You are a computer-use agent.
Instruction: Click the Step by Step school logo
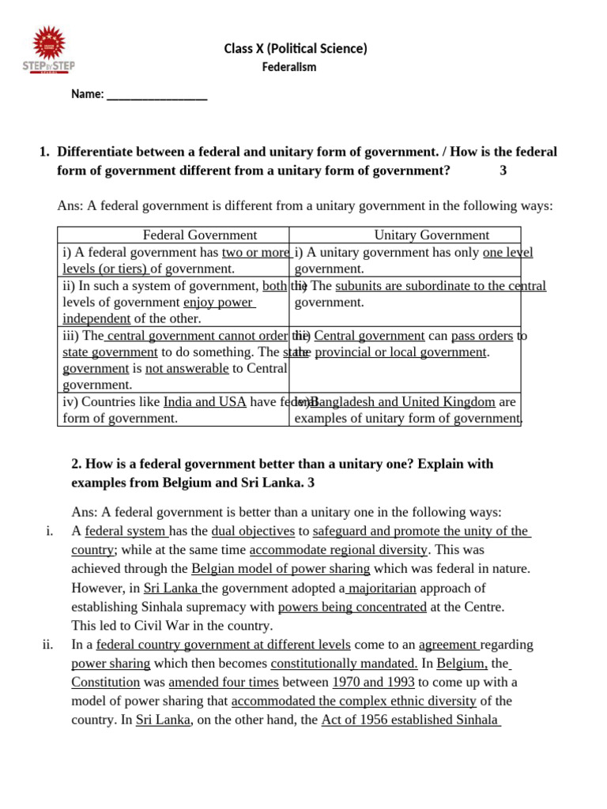pyautogui.click(x=47, y=51)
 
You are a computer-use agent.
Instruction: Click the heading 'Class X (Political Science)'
pyautogui.click(x=296, y=49)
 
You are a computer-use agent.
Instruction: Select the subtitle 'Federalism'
pyautogui.click(x=289, y=67)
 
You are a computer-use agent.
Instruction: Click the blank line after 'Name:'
pyautogui.click(x=156, y=95)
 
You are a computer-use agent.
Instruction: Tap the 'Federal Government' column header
pyautogui.click(x=199, y=235)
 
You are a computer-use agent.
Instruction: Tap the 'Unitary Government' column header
pyautogui.click(x=432, y=235)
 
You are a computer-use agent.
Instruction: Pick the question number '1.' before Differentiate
pyautogui.click(x=44, y=152)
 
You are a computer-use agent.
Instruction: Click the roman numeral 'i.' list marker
pyautogui.click(x=49, y=531)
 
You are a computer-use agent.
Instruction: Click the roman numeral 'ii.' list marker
pyautogui.click(x=47, y=645)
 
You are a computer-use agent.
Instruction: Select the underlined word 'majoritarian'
pyautogui.click(x=381, y=588)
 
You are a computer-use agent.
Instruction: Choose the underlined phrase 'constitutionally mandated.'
pyautogui.click(x=344, y=664)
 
